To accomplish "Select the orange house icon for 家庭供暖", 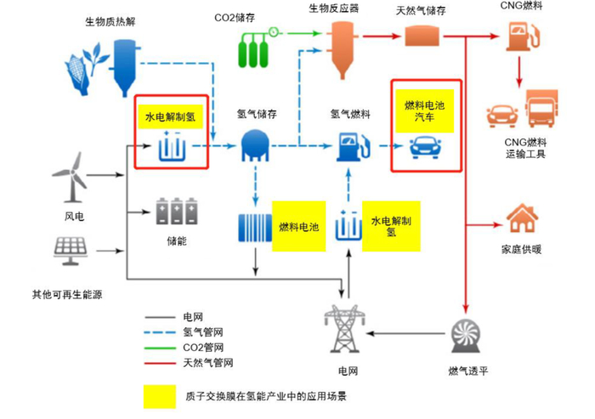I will coord(522,220).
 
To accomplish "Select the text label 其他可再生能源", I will coord(67,295).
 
